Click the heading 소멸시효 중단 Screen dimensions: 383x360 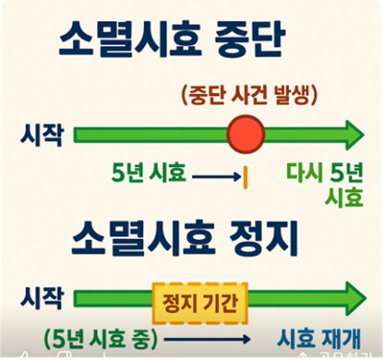tap(192, 43)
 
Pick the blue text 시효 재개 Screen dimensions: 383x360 tap(317, 339)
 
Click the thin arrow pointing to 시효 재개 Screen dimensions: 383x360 tap(207, 339)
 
